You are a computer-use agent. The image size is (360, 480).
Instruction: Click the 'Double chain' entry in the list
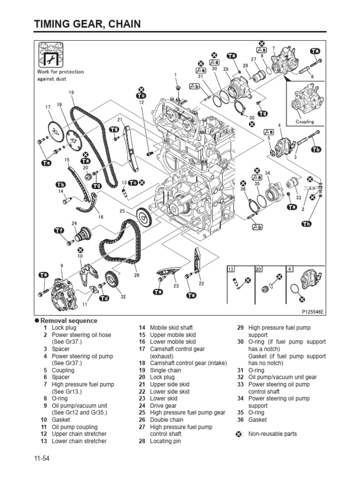tap(166, 420)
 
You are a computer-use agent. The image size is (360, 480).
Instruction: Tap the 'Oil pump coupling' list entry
tap(75, 427)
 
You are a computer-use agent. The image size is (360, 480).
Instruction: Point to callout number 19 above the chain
tap(71, 93)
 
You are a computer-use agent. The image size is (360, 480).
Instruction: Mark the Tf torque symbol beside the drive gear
tap(59, 230)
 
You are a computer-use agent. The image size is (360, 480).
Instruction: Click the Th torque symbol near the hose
tap(306, 225)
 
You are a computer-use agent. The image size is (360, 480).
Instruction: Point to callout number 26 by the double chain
tap(137, 275)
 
